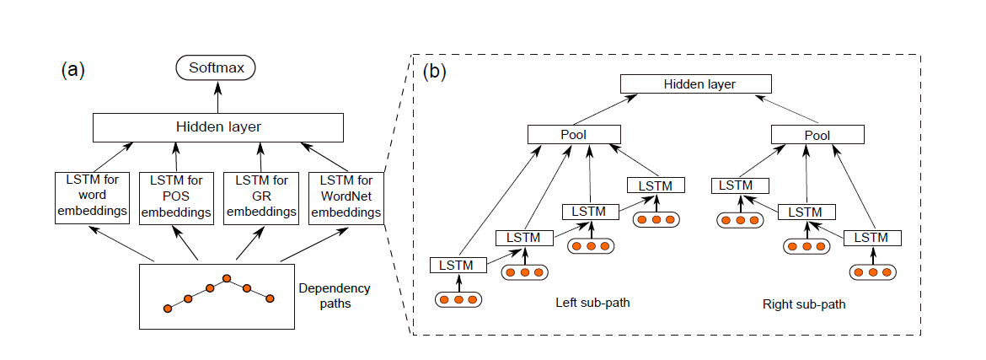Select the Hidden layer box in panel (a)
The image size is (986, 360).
click(217, 126)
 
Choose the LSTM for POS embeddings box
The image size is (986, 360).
click(175, 198)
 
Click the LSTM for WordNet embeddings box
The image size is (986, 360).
click(346, 198)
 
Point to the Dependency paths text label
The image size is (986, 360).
click(334, 296)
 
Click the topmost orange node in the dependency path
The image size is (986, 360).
click(227, 277)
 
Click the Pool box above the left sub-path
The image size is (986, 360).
click(574, 135)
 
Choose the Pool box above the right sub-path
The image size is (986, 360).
click(817, 135)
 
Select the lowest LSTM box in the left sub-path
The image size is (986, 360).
click(458, 266)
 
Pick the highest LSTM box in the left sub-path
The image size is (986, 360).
click(656, 185)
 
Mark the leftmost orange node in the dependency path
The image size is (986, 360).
click(167, 309)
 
